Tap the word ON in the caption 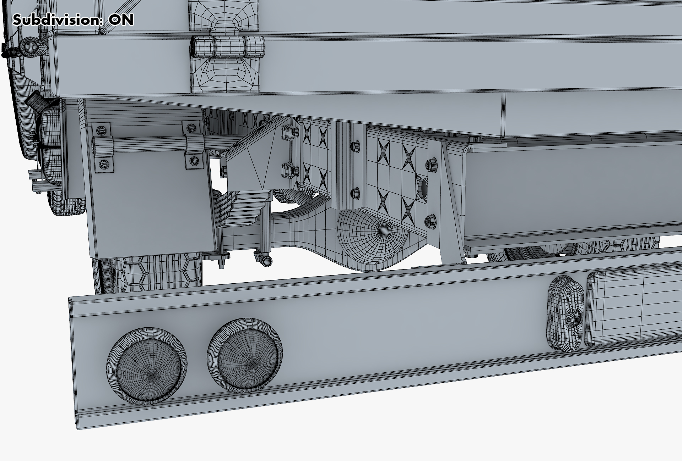pyautogui.click(x=121, y=20)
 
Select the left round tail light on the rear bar pyautogui.click(x=147, y=367)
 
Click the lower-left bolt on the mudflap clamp pyautogui.click(x=104, y=163)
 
